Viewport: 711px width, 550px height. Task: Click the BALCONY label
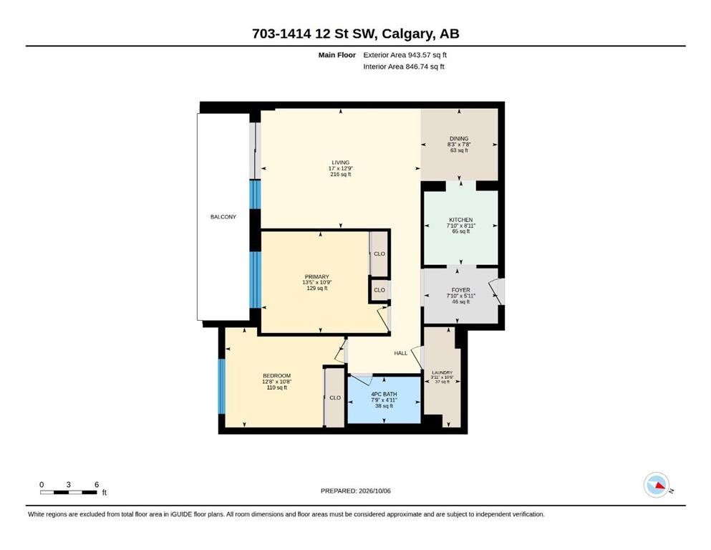[223, 217]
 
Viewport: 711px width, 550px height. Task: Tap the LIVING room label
[341, 163]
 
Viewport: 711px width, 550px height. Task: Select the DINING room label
[459, 139]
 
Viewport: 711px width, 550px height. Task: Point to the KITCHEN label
[460, 220]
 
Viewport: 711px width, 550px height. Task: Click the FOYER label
[460, 290]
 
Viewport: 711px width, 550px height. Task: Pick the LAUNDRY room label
[442, 372]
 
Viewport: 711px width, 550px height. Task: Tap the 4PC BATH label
[384, 395]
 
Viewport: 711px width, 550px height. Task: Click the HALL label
[401, 353]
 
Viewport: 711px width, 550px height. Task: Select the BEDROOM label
[276, 376]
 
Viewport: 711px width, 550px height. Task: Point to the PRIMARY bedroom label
[317, 276]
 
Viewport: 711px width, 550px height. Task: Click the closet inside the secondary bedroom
[334, 397]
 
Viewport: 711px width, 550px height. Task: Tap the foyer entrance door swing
[497, 291]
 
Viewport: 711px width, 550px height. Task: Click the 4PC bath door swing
[362, 380]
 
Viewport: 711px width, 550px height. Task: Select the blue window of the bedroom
[222, 386]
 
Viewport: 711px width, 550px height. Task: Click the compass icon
[657, 485]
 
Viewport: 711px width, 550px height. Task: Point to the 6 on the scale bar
[97, 485]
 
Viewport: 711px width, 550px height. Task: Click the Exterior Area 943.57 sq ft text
[405, 55]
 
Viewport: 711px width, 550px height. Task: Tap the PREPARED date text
[355, 491]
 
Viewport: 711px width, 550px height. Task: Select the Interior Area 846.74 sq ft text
[404, 67]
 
